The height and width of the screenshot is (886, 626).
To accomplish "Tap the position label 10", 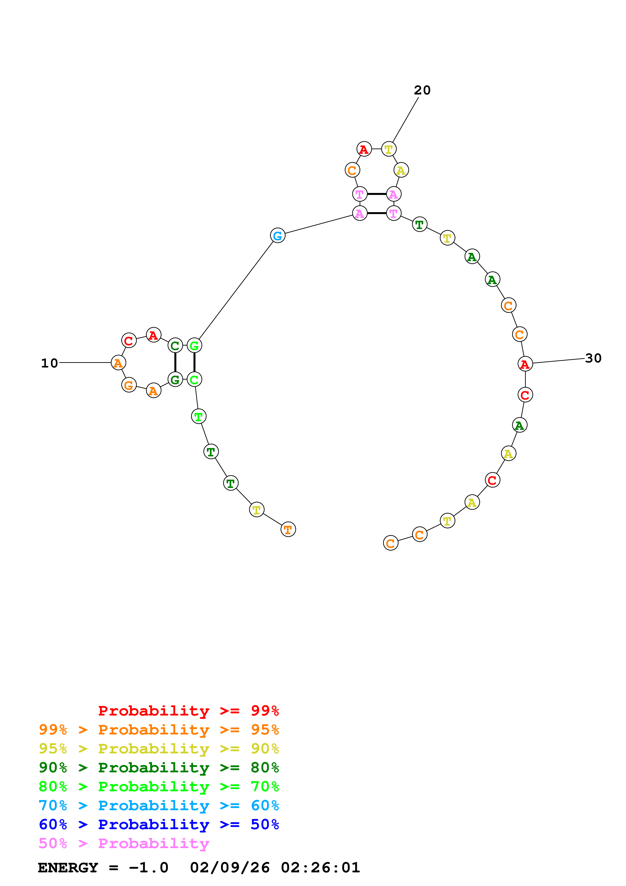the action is point(49,363).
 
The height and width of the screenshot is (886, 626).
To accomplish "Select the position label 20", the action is point(422,90).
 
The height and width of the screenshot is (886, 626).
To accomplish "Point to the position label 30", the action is point(593,358).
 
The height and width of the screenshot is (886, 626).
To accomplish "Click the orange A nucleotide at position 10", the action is point(118,363).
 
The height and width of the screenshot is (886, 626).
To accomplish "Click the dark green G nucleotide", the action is point(175,380).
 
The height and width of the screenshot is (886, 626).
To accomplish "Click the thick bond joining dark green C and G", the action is point(175,362).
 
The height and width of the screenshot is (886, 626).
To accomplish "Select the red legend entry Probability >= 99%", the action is point(188,711).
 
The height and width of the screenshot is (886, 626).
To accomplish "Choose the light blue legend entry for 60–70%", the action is point(159,805).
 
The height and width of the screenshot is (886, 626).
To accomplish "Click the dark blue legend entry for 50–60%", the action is point(159,824).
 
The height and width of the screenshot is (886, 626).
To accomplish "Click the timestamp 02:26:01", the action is point(320,868).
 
